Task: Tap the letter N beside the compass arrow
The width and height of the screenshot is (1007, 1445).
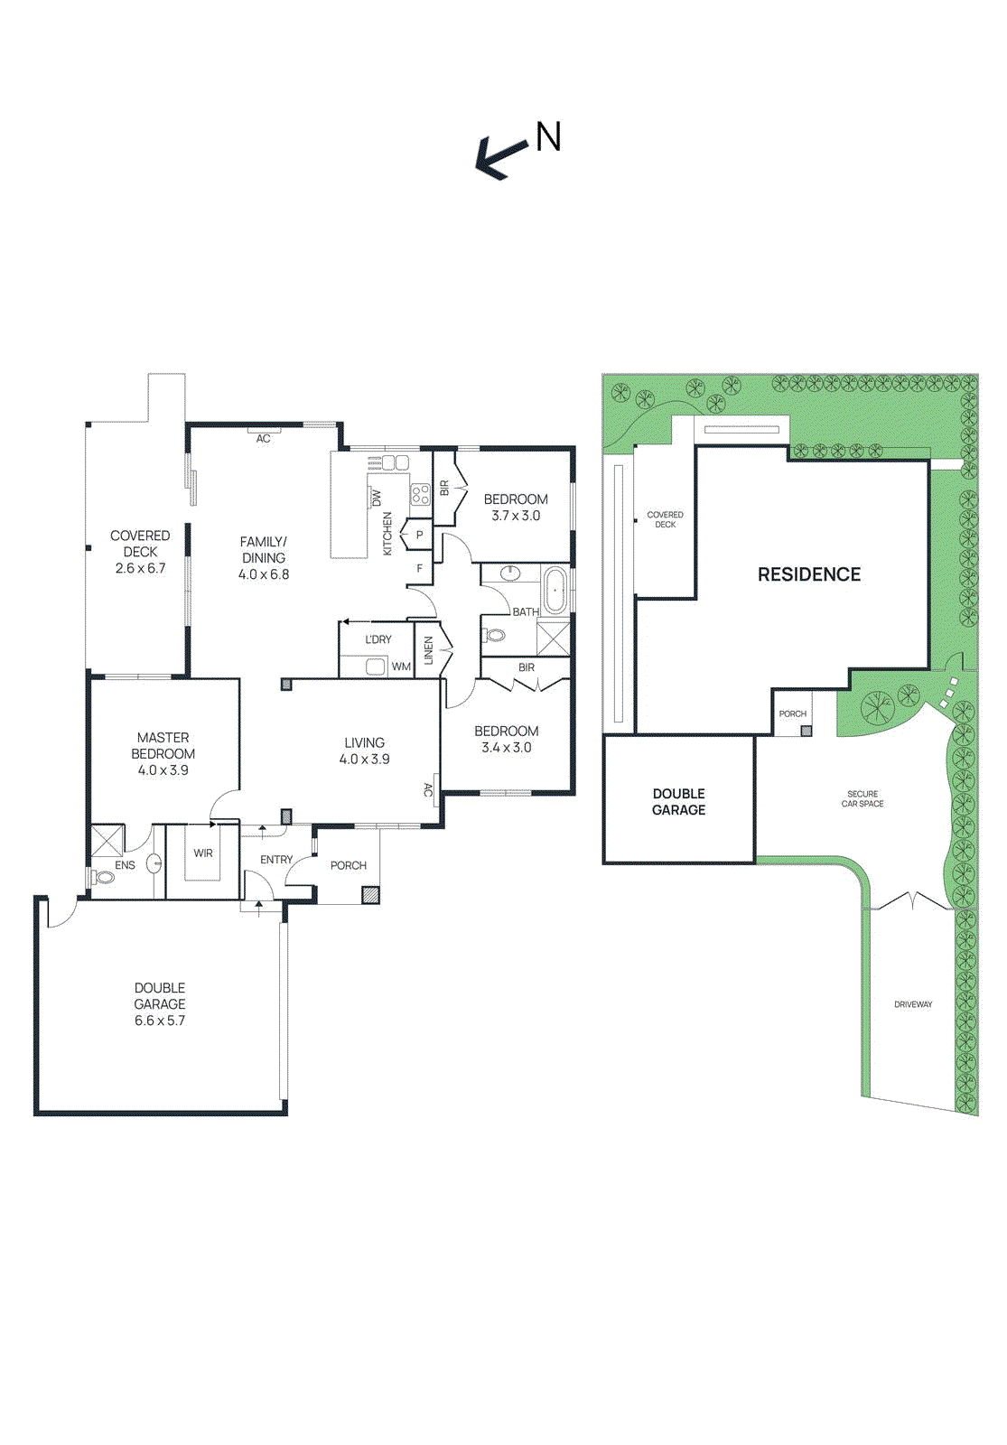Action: click(548, 136)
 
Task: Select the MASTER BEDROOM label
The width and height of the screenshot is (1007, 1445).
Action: click(163, 745)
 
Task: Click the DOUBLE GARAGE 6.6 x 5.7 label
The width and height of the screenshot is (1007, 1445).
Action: click(159, 1003)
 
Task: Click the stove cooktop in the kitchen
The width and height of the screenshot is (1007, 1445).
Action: click(420, 495)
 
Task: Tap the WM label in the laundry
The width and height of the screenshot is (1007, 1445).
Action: click(401, 667)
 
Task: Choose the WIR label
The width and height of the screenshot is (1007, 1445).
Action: click(202, 853)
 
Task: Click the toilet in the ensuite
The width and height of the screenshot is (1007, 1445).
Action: click(103, 877)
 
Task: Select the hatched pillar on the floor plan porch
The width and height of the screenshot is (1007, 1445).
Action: click(370, 895)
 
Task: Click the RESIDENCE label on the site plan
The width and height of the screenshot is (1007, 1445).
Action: click(809, 574)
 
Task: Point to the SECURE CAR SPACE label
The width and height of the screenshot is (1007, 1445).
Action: click(862, 798)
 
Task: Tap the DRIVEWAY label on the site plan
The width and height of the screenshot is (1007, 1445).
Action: click(913, 1003)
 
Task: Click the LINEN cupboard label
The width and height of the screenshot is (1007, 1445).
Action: click(428, 650)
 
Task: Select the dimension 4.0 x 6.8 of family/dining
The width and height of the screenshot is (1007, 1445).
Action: click(263, 573)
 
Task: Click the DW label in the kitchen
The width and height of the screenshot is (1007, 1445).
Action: click(377, 498)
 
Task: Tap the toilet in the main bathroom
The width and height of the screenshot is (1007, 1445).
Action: click(493, 636)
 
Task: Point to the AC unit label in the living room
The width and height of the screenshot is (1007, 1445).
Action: click(427, 789)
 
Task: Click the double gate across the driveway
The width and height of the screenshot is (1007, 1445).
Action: click(911, 900)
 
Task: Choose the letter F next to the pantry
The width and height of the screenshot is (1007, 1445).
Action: click(419, 568)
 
